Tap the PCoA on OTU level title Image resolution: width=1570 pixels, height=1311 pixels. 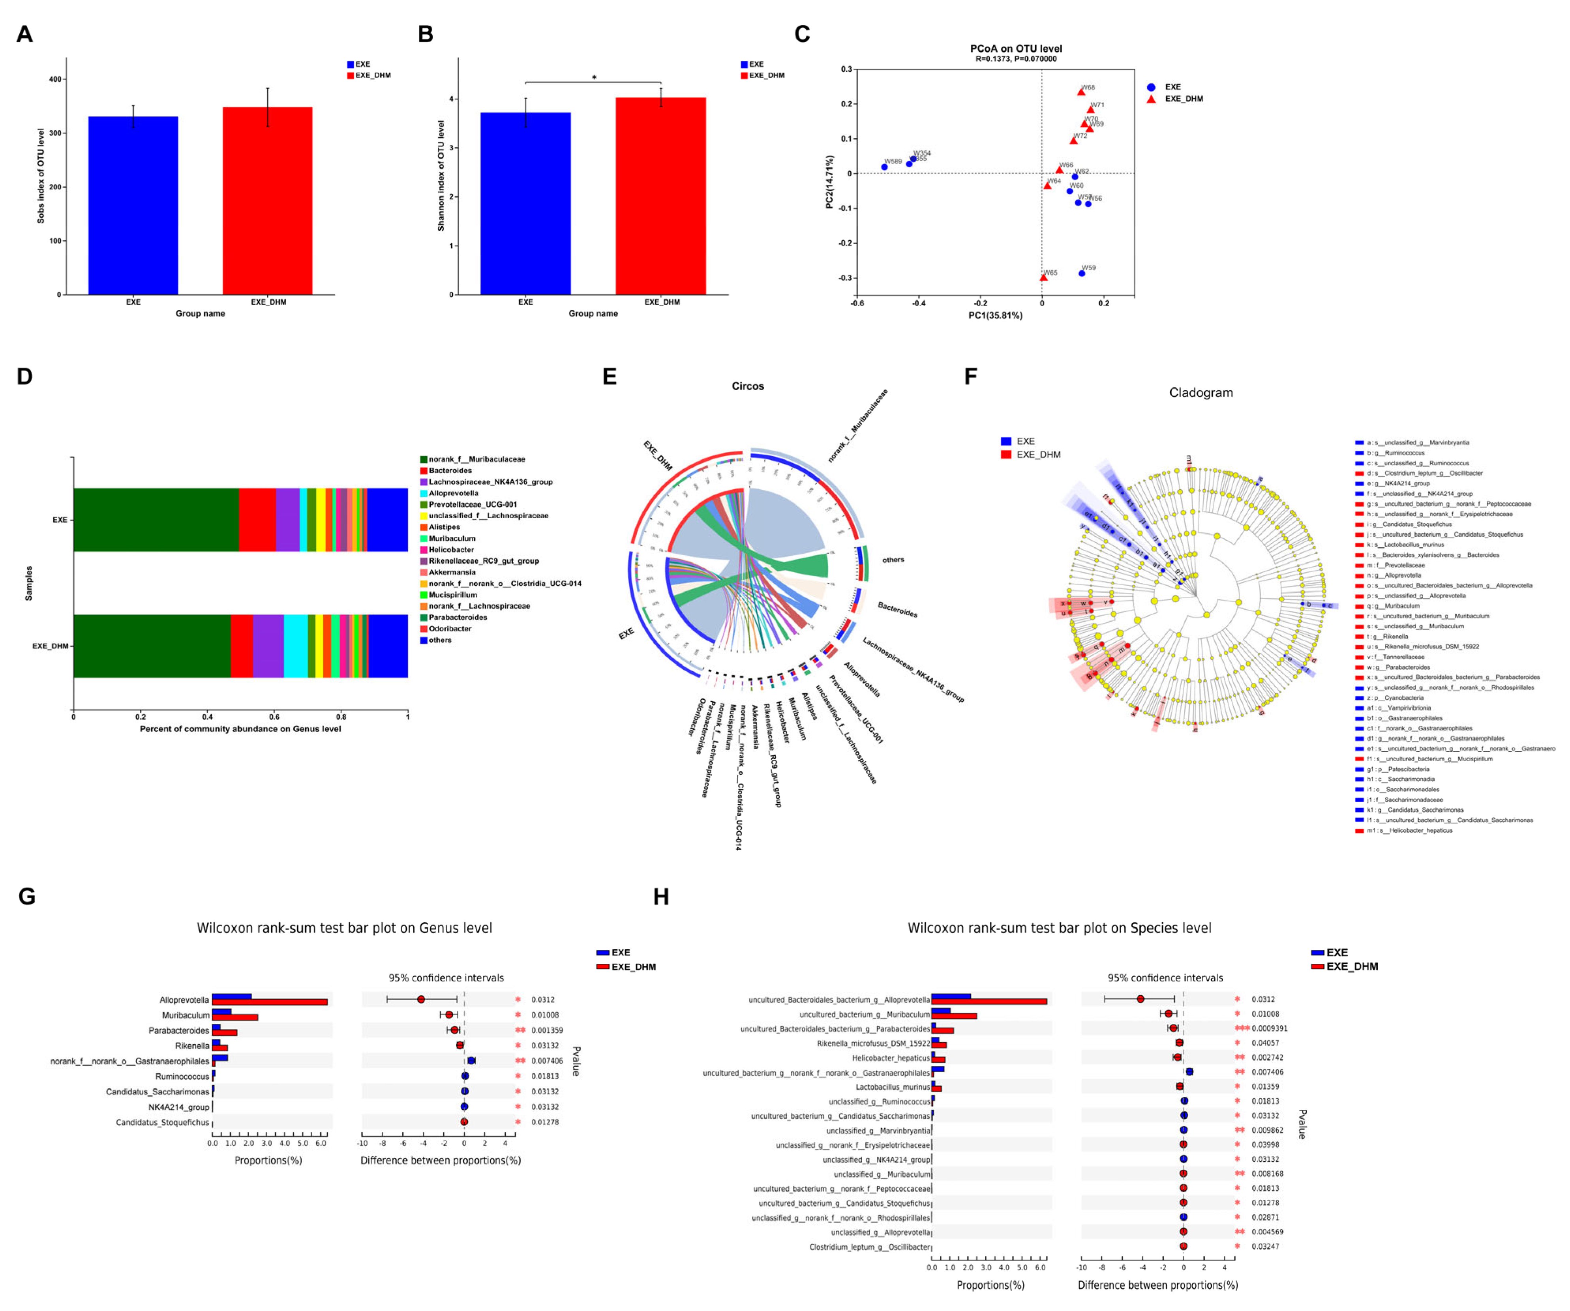pyautogui.click(x=1016, y=49)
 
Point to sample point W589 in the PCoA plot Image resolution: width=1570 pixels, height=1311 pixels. pyautogui.click(x=884, y=167)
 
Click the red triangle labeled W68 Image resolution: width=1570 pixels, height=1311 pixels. pyautogui.click(x=1081, y=92)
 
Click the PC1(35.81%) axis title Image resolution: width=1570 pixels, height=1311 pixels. pyautogui.click(x=995, y=315)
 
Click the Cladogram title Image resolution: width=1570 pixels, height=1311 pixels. pyautogui.click(x=1200, y=392)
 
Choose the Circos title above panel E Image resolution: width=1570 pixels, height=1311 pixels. pyautogui.click(x=748, y=386)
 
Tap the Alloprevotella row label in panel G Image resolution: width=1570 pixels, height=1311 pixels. pyautogui.click(x=184, y=1000)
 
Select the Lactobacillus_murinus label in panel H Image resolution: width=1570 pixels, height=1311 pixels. pyautogui.click(x=893, y=1087)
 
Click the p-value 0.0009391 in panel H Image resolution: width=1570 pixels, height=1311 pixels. pyautogui.click(x=1270, y=1028)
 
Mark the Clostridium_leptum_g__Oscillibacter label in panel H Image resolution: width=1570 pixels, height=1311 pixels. pyautogui.click(x=870, y=1247)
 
